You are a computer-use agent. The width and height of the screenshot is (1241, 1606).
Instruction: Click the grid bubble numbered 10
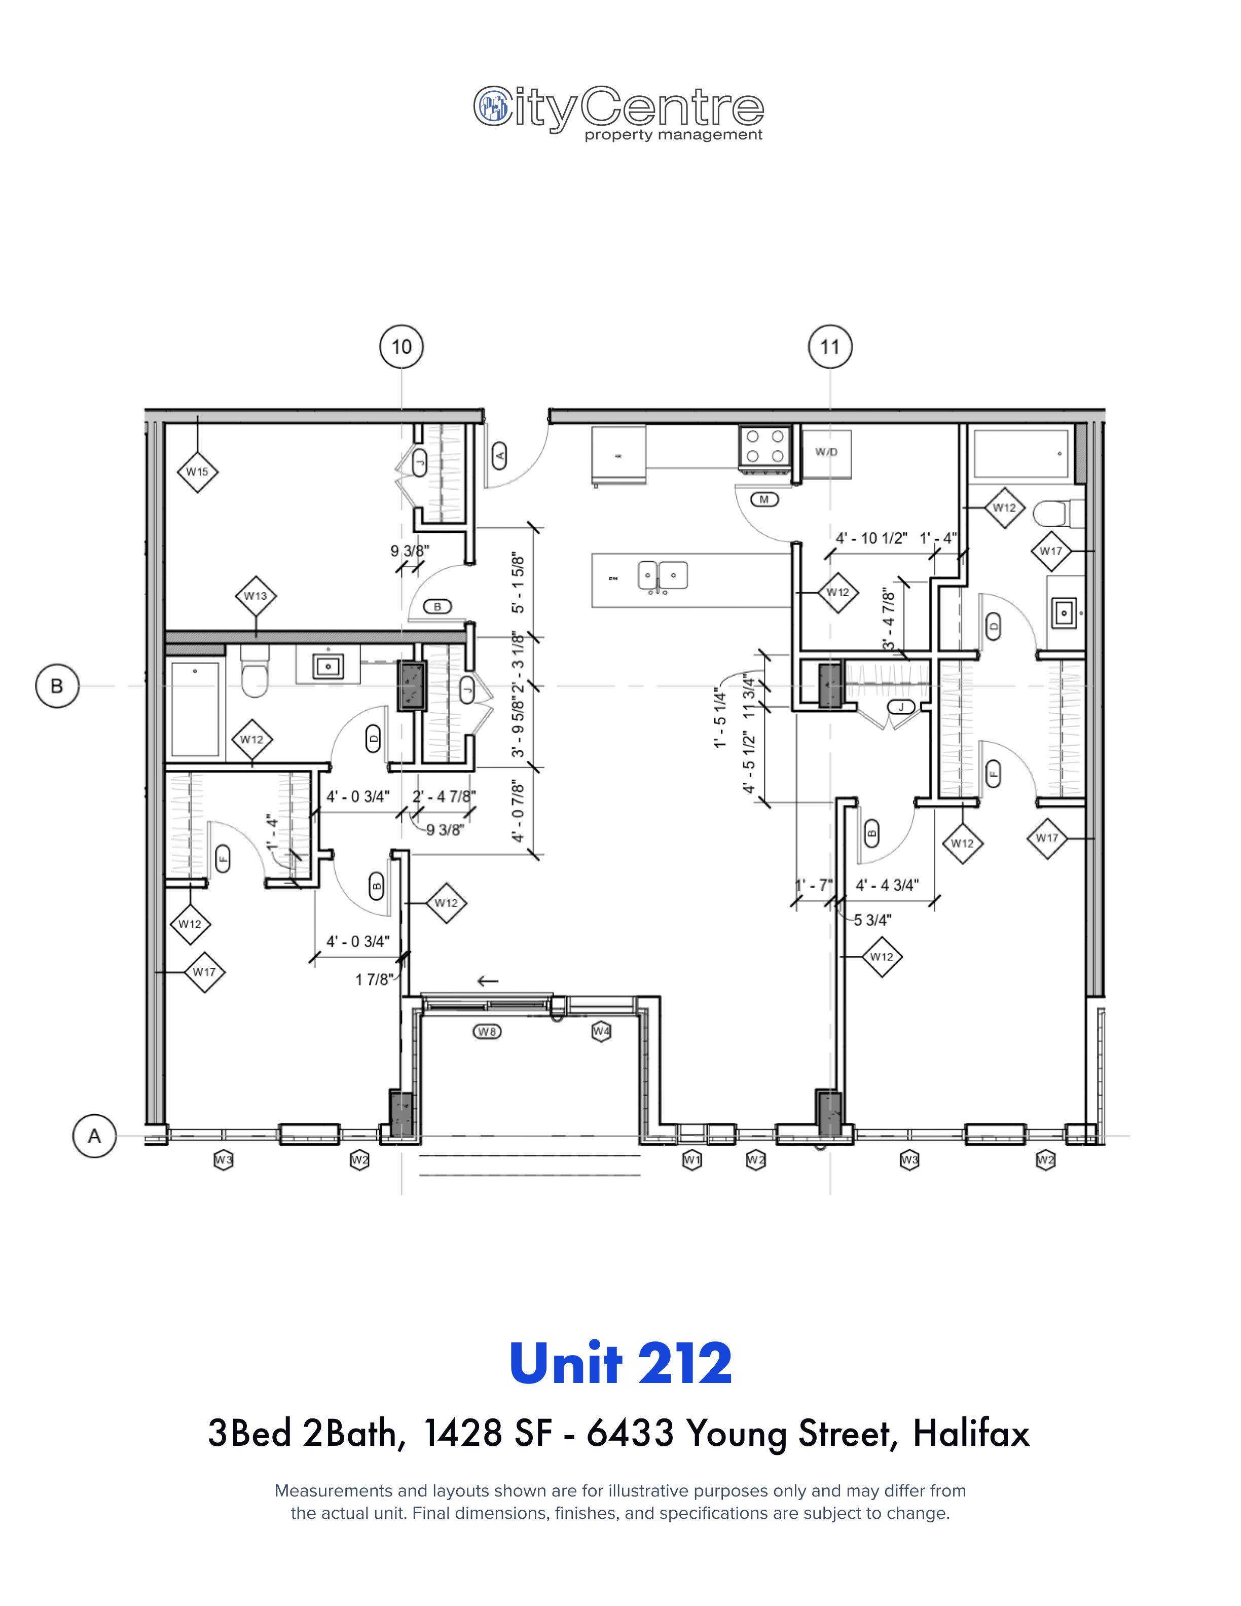[x=401, y=346]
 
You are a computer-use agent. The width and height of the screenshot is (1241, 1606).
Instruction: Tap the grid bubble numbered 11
[x=830, y=346]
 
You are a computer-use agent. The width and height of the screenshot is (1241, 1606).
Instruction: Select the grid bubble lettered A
[x=94, y=1136]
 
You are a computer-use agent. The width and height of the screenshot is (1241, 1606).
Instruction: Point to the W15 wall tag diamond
[x=197, y=472]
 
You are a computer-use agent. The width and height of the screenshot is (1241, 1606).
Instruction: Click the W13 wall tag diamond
[x=256, y=596]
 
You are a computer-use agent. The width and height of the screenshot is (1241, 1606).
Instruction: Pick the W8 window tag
[x=487, y=1032]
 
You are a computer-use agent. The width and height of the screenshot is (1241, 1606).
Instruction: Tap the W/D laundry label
[x=826, y=452]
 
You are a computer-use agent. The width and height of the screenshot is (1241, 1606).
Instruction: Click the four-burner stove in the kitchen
[x=764, y=446]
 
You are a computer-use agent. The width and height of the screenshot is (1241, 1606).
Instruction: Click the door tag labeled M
[x=764, y=500]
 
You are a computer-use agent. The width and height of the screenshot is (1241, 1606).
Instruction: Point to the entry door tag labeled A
[x=500, y=456]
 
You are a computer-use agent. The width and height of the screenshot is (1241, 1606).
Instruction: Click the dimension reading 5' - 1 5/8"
[x=518, y=583]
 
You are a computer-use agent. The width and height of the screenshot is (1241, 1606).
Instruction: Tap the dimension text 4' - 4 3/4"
[x=887, y=885]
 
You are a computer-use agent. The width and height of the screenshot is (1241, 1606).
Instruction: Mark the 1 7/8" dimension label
[x=374, y=979]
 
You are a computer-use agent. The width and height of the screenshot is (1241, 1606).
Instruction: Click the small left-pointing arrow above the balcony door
[x=488, y=981]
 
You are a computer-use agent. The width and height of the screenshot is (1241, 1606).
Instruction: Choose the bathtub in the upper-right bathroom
[x=1020, y=454]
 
